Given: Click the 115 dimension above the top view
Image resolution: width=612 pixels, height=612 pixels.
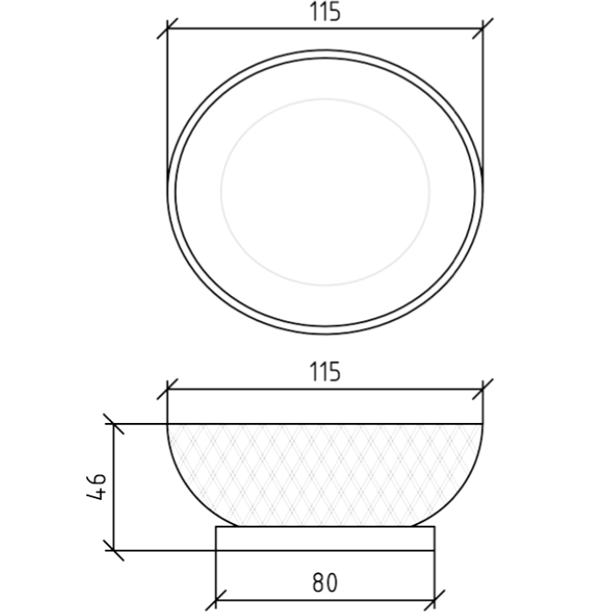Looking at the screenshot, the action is (x=325, y=12).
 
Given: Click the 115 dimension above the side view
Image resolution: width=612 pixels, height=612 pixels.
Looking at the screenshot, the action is (x=325, y=372).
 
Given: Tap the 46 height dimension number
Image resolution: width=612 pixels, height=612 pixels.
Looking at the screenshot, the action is (x=96, y=487).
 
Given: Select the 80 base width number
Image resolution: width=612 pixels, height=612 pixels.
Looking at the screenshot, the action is (x=325, y=584).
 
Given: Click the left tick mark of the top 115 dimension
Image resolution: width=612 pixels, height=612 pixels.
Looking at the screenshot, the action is (x=167, y=28).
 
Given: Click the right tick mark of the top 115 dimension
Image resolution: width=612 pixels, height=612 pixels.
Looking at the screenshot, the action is (x=483, y=28).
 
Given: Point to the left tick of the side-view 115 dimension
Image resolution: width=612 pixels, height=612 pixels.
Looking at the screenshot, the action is (x=167, y=389).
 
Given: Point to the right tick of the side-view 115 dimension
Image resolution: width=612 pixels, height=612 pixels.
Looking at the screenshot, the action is (x=483, y=389).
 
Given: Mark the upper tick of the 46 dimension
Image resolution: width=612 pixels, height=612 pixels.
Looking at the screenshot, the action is (x=114, y=424).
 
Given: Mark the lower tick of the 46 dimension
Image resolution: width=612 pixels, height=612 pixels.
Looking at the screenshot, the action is (x=114, y=551).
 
